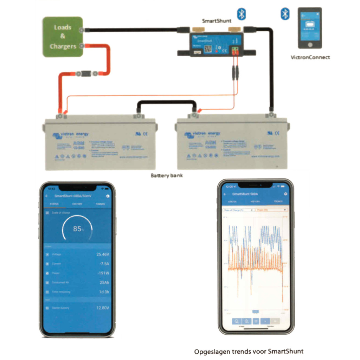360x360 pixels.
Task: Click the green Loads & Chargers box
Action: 63,37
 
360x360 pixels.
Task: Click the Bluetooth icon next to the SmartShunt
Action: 241,14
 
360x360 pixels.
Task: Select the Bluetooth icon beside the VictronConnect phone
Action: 284,14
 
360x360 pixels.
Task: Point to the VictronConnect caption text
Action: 310,57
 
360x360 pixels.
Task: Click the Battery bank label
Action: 167,175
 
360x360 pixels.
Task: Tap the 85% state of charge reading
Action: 78,229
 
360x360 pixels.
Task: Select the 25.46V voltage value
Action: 103,254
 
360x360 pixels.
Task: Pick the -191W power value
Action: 103,273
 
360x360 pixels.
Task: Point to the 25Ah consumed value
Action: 104,282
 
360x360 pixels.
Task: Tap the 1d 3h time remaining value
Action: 104,292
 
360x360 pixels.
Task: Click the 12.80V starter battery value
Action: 103,308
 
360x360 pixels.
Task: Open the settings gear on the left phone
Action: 108,196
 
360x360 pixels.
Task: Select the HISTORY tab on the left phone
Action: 77,204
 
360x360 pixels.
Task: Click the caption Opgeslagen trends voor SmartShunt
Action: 249,351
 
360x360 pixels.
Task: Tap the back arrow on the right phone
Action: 225,194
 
